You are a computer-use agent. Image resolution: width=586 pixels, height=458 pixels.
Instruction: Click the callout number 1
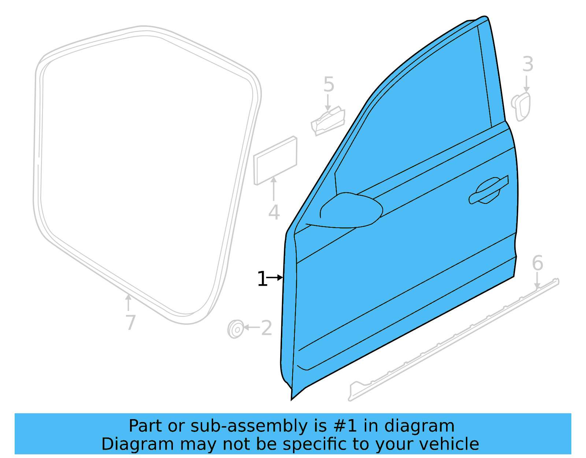tap(262, 279)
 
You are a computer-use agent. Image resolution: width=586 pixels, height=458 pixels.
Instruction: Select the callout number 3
tap(527, 64)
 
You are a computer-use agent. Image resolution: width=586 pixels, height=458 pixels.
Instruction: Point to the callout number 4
tap(274, 213)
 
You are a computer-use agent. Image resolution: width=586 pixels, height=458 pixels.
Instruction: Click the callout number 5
tap(329, 85)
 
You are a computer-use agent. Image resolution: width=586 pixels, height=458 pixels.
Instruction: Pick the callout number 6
tap(537, 263)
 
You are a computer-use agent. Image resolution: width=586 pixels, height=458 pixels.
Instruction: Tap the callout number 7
tap(130, 323)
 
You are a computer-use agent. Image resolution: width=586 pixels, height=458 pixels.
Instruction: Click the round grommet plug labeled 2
tap(235, 329)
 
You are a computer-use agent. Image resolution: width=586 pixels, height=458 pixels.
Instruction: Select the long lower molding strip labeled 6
tap(454, 339)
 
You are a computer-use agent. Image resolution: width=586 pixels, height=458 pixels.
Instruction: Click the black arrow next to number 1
tap(275, 278)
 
